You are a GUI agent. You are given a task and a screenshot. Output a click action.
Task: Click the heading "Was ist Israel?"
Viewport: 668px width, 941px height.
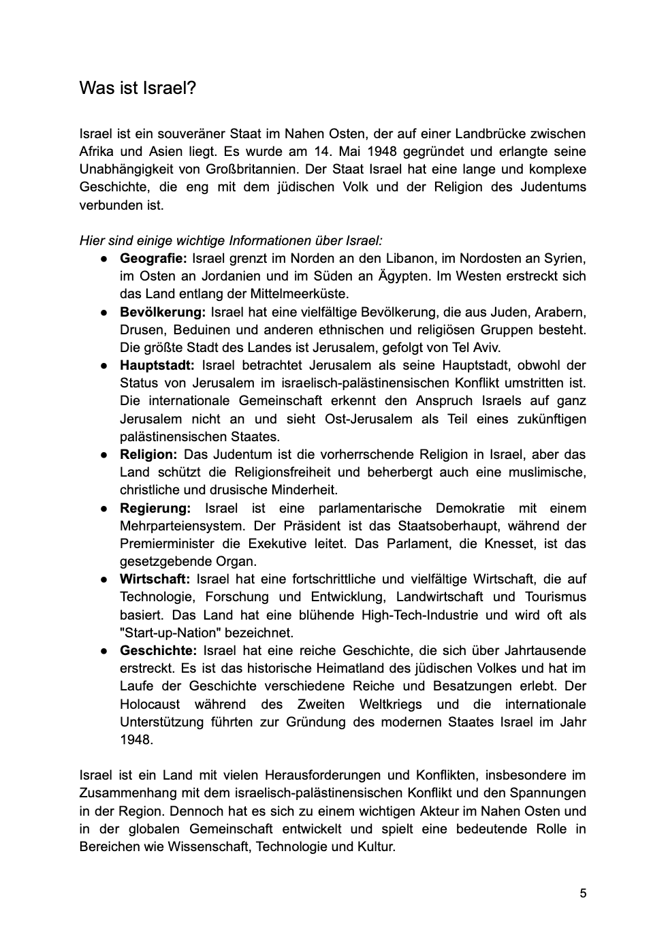pyautogui.click(x=138, y=89)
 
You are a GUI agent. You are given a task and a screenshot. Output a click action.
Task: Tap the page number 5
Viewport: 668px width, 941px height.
pyautogui.click(x=583, y=893)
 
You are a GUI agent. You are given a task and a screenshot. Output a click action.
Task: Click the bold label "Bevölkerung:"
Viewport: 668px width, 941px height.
pyautogui.click(x=163, y=312)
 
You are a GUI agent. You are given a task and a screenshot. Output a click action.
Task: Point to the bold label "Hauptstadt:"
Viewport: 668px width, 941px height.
pyautogui.click(x=157, y=366)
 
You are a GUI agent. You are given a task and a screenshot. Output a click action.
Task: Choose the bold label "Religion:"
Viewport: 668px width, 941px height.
pyautogui.click(x=148, y=454)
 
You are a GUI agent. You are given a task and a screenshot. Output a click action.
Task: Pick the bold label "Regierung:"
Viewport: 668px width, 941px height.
pyautogui.click(x=155, y=508)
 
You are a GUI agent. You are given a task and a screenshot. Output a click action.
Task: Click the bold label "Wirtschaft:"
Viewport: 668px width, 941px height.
pyautogui.click(x=155, y=579)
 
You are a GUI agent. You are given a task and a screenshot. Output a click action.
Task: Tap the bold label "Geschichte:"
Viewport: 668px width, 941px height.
pyautogui.click(x=158, y=650)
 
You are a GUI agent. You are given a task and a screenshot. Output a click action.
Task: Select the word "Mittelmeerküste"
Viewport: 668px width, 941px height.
pyautogui.click(x=301, y=294)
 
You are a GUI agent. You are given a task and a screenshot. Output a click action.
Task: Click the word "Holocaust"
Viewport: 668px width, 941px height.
pyautogui.click(x=150, y=704)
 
